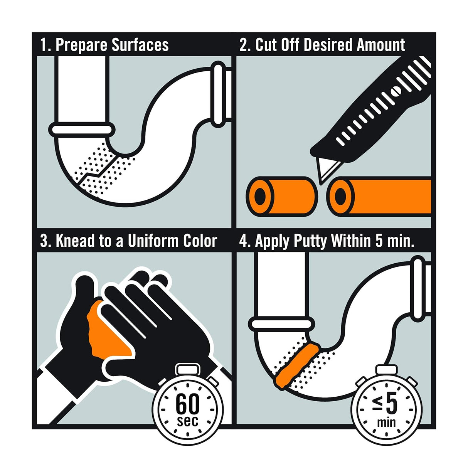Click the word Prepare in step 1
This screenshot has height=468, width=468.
81,45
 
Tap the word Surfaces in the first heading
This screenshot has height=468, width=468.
140,45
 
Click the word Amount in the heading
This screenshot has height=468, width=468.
381,45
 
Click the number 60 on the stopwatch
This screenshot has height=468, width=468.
187,404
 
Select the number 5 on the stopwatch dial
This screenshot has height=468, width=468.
392,405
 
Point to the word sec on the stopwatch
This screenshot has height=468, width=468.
187,421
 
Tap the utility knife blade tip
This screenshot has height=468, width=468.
321,185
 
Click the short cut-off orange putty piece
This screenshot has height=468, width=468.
282,197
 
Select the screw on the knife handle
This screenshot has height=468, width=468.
396,91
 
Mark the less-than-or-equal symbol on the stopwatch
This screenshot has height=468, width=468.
379,405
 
